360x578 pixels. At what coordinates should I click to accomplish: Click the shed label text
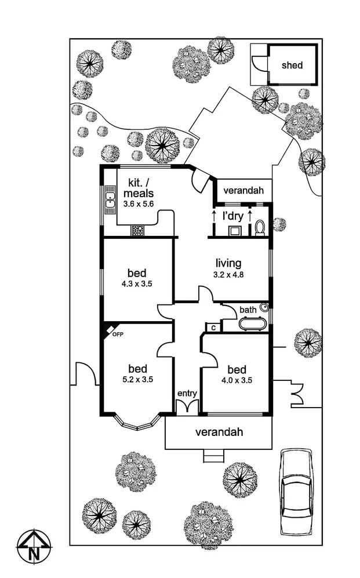coord(292,66)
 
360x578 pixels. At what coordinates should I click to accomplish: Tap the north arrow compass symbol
coord(34,546)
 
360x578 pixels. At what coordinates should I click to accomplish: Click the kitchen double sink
coord(110,200)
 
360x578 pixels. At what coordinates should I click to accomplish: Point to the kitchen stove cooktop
coord(138,231)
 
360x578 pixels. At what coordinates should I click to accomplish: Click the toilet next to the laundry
coord(260,227)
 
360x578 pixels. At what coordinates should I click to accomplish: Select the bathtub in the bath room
coord(252,323)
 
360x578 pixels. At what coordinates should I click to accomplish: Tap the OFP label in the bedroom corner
coord(118,334)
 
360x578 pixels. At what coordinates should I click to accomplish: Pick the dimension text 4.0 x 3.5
coord(237,381)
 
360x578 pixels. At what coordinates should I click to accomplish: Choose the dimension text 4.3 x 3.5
coord(137,284)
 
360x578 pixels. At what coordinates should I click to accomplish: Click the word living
coord(228,263)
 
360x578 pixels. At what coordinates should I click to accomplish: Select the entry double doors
coord(187,406)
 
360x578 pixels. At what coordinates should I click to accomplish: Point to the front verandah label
coord(218,432)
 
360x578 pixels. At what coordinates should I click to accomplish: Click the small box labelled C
coord(213,328)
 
